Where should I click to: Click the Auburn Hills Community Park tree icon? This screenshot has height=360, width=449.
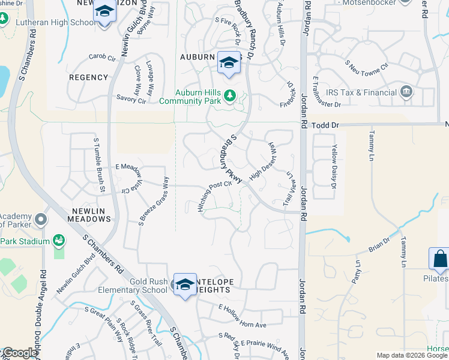(229, 95)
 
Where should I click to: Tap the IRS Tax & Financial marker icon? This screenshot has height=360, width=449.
(406, 92)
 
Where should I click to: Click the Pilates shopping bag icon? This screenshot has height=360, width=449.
(439, 259)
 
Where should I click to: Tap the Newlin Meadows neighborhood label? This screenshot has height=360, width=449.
(92, 215)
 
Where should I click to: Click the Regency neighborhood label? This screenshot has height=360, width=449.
(88, 77)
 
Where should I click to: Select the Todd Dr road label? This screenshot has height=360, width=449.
(327, 125)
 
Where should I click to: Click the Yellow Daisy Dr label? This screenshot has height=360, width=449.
(335, 164)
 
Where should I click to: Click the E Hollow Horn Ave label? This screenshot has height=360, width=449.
(243, 325)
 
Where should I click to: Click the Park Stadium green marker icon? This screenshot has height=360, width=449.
(59, 241)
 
